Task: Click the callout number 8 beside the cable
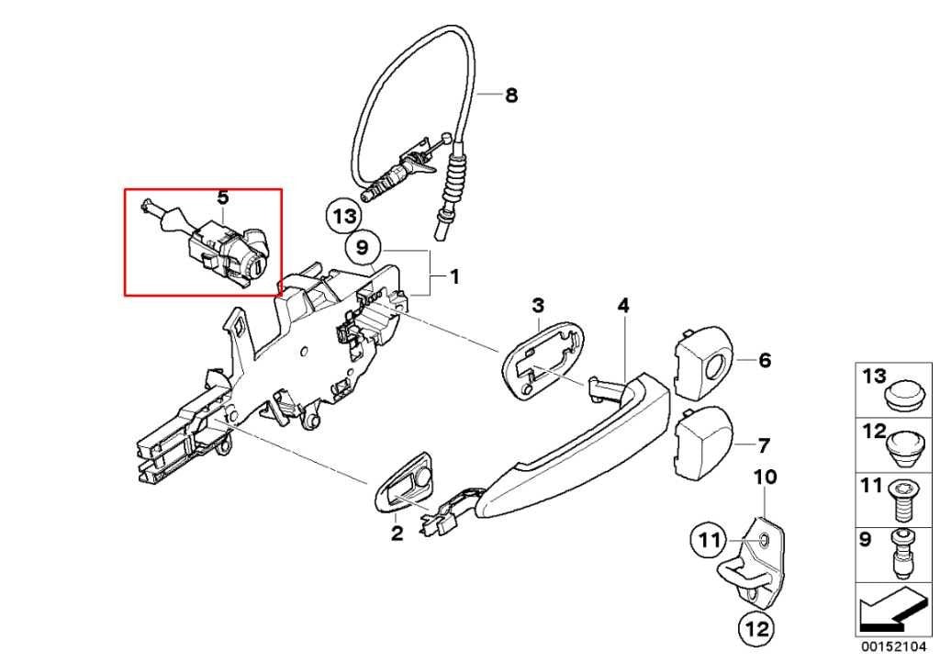[510, 95]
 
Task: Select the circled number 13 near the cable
[344, 215]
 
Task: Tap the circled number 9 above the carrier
[362, 247]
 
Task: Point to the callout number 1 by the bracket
[455, 277]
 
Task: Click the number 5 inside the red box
[222, 197]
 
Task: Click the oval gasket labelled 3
[544, 358]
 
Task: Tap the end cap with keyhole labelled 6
[702, 363]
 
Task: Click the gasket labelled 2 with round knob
[404, 484]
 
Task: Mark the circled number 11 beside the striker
[710, 541]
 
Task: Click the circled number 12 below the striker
[756, 629]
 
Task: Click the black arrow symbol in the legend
[892, 610]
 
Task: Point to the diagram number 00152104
[894, 646]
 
